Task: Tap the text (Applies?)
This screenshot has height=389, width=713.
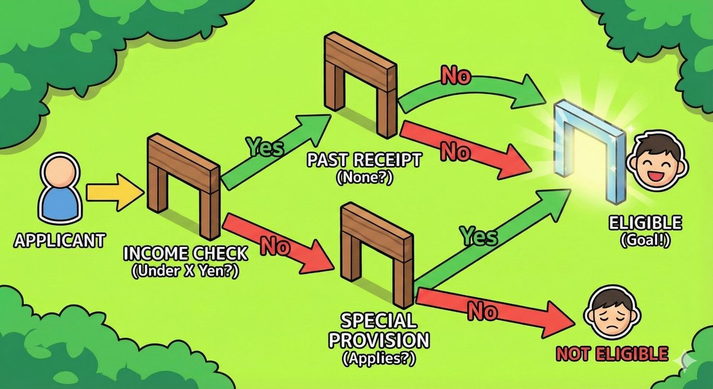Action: pos(378,359)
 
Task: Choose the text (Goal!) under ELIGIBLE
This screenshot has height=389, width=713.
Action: pos(645,242)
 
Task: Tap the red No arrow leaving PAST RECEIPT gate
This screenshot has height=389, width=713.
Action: pos(463,148)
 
